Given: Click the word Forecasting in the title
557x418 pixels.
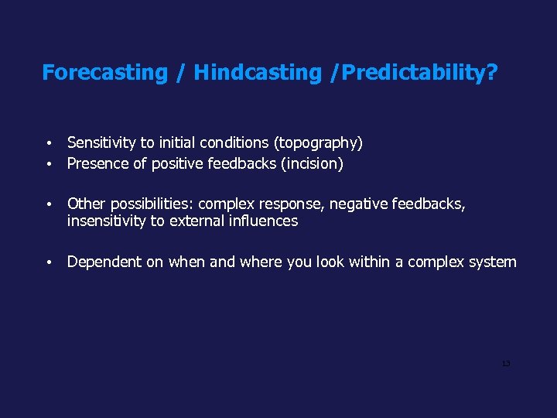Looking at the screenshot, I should tap(104, 73).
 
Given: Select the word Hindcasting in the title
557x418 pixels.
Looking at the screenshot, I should tap(257, 73).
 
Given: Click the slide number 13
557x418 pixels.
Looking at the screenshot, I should tap(505, 364).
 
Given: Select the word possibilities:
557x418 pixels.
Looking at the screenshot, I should tap(152, 204).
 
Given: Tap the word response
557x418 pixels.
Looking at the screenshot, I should tap(296, 204).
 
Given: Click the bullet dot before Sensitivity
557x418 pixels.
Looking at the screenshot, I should tap(49, 144).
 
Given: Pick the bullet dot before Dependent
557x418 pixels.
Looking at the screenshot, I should tap(49, 263).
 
